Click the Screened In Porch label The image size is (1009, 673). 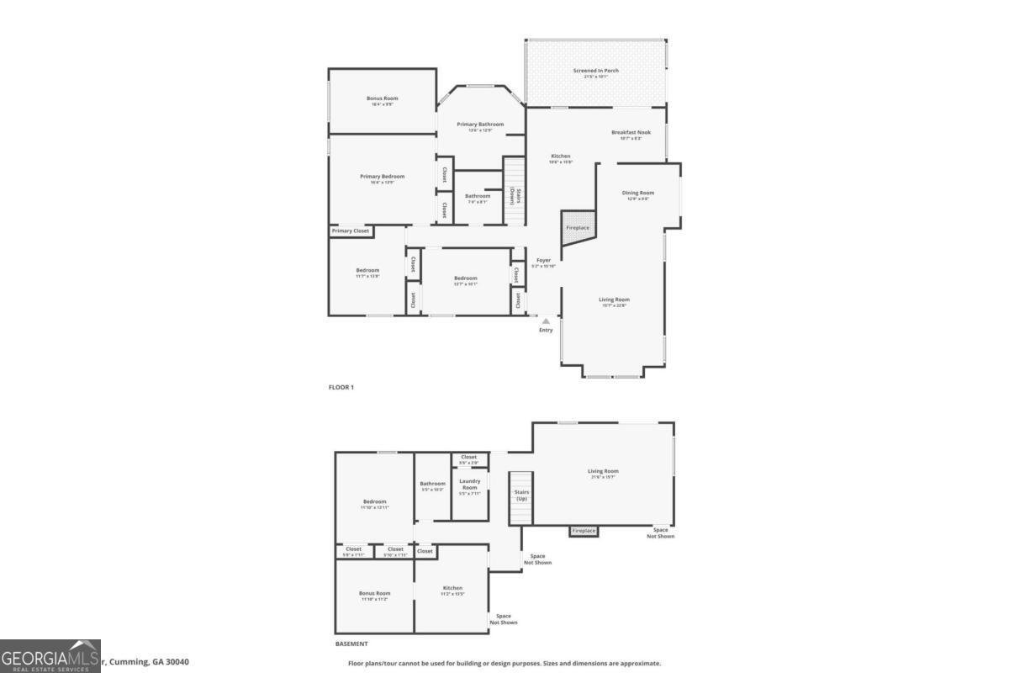(595, 71)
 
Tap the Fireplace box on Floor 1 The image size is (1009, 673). (578, 228)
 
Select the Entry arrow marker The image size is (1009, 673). (546, 321)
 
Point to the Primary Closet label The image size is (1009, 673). (351, 231)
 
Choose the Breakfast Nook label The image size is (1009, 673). (631, 132)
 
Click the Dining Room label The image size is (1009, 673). (638, 193)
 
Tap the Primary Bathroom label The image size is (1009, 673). (480, 125)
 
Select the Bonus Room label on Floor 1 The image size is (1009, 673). (382, 98)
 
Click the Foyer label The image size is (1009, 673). (543, 261)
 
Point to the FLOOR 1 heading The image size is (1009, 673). (341, 387)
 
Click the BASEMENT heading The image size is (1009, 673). (351, 644)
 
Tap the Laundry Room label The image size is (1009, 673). (469, 484)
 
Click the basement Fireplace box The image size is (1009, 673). (584, 531)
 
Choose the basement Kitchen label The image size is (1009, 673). (452, 588)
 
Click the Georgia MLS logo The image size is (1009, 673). (50, 656)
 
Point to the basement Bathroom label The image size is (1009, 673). (433, 484)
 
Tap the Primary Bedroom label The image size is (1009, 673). (382, 177)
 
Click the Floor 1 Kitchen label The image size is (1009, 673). (561, 156)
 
